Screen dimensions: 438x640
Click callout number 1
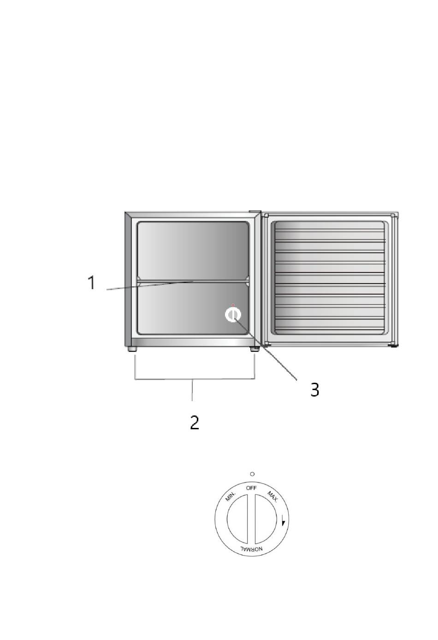(x=91, y=283)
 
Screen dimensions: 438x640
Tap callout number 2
(x=195, y=422)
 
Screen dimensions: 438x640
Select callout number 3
(x=314, y=390)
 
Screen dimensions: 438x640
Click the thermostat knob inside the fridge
(x=233, y=315)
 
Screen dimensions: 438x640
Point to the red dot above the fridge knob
(x=233, y=305)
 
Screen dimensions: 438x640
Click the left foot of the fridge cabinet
(x=133, y=349)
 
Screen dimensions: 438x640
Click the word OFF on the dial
(x=251, y=488)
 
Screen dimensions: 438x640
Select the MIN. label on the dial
(x=231, y=496)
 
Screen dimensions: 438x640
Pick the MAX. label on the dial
(x=272, y=497)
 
